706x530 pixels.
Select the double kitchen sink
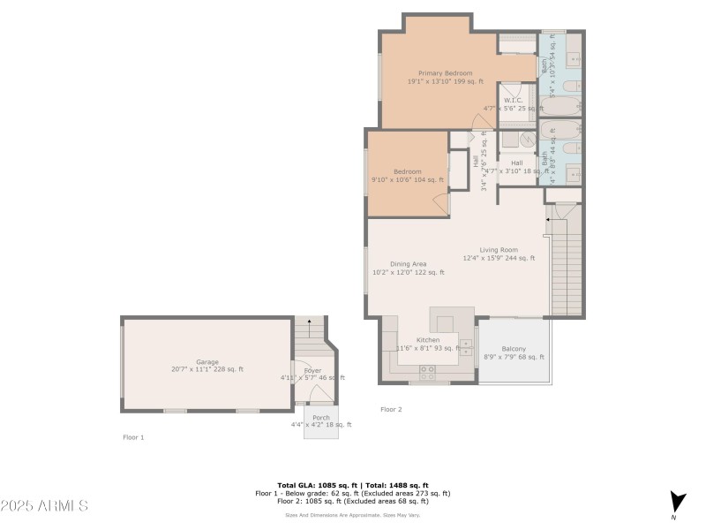[466, 344]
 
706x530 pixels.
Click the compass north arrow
[677, 502]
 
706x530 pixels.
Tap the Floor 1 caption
[132, 437]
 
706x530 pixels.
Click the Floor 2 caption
[391, 409]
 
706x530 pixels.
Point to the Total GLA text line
[353, 485]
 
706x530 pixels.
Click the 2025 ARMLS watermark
[44, 506]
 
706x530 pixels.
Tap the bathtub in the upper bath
[572, 87]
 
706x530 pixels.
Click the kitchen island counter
[451, 319]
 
